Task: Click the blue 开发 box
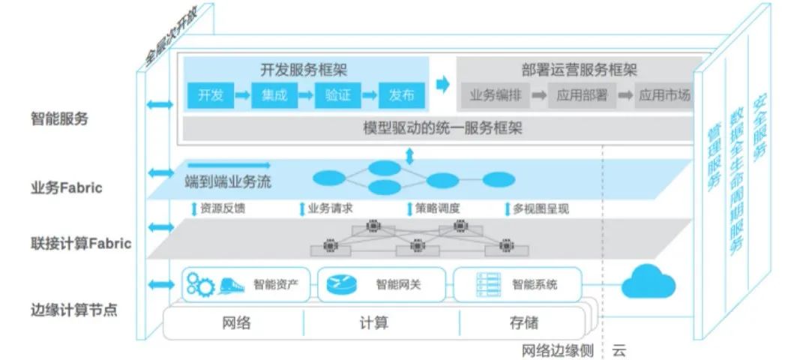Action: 210,95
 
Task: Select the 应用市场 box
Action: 664,95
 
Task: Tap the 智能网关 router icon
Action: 341,284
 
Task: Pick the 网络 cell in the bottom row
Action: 237,323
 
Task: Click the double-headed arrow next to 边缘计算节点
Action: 160,284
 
